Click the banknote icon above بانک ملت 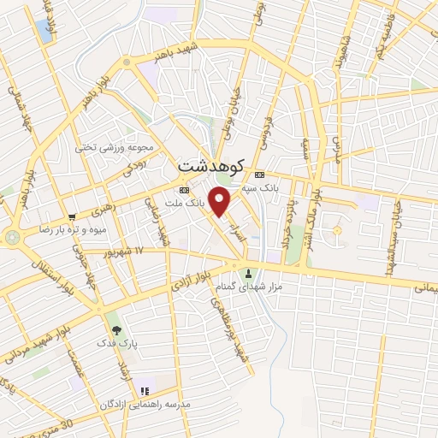point(184,190)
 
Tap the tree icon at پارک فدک point(115,328)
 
